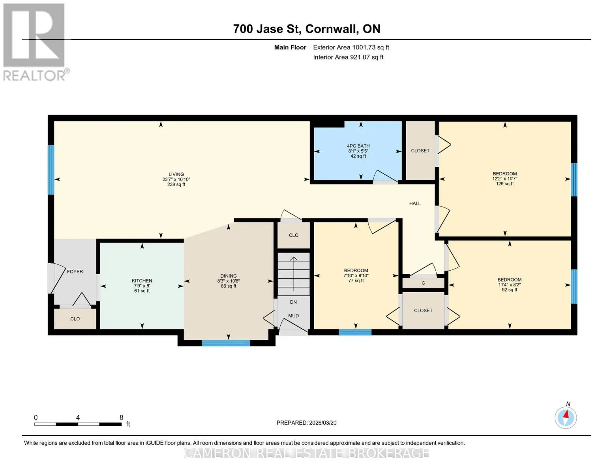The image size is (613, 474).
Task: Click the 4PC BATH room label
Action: click(x=358, y=146)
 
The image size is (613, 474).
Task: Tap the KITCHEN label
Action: click(x=142, y=280)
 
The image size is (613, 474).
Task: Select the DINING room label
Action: click(x=229, y=276)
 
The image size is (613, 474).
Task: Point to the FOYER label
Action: click(x=75, y=272)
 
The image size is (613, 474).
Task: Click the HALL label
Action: click(x=415, y=203)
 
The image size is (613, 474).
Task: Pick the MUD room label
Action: click(x=293, y=316)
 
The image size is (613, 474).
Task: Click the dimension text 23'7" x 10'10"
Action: click(x=176, y=179)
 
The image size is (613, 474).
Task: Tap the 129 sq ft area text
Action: click(x=505, y=184)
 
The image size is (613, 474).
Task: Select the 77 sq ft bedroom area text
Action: click(x=356, y=280)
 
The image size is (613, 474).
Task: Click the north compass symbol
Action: click(x=566, y=418)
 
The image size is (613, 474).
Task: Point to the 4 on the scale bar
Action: click(x=78, y=417)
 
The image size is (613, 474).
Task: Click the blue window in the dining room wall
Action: click(x=226, y=343)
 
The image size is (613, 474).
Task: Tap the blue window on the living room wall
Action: click(x=51, y=170)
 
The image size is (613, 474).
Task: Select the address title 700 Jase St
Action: click(x=266, y=29)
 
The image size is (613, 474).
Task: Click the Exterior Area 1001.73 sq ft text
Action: click(x=351, y=47)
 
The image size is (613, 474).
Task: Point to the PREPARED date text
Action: click(x=306, y=423)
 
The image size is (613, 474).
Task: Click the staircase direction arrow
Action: click(x=294, y=274)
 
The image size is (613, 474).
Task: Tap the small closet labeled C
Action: click(x=423, y=283)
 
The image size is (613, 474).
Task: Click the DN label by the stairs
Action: click(x=293, y=302)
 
